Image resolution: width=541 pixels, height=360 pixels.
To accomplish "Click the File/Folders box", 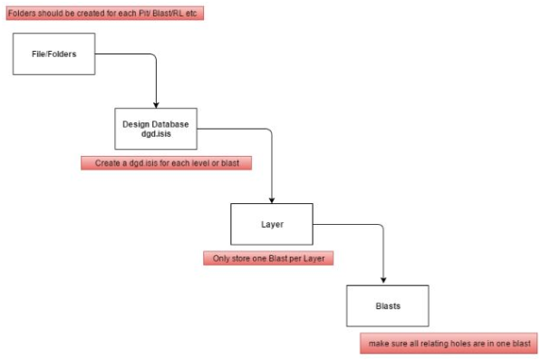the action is click(53, 54).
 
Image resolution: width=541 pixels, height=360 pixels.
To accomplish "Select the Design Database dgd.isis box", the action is click(156, 129).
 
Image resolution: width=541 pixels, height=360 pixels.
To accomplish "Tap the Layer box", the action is click(272, 224).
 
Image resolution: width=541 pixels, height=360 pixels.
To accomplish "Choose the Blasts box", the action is click(388, 306).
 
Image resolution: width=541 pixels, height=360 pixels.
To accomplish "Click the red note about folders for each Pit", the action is click(105, 13).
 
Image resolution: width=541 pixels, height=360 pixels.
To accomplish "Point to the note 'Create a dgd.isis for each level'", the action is click(167, 163).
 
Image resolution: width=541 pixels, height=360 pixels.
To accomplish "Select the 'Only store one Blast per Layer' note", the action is click(268, 258).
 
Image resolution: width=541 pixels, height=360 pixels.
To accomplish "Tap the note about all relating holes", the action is click(449, 343).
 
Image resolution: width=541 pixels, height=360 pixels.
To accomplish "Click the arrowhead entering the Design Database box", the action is click(156, 105).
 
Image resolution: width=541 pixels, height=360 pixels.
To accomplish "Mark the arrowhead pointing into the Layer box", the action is click(272, 200).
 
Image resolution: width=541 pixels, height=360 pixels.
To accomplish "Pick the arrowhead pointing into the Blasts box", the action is click(383, 280).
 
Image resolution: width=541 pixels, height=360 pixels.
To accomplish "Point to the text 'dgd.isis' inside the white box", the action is click(156, 134).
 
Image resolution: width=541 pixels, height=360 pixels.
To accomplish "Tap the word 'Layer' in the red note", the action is click(314, 258).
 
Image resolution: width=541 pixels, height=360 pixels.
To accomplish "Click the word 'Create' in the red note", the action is click(107, 163).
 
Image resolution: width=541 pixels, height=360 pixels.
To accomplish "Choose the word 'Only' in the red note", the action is click(220, 258).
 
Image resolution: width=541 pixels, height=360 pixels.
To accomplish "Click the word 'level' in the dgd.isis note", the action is click(199, 163).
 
